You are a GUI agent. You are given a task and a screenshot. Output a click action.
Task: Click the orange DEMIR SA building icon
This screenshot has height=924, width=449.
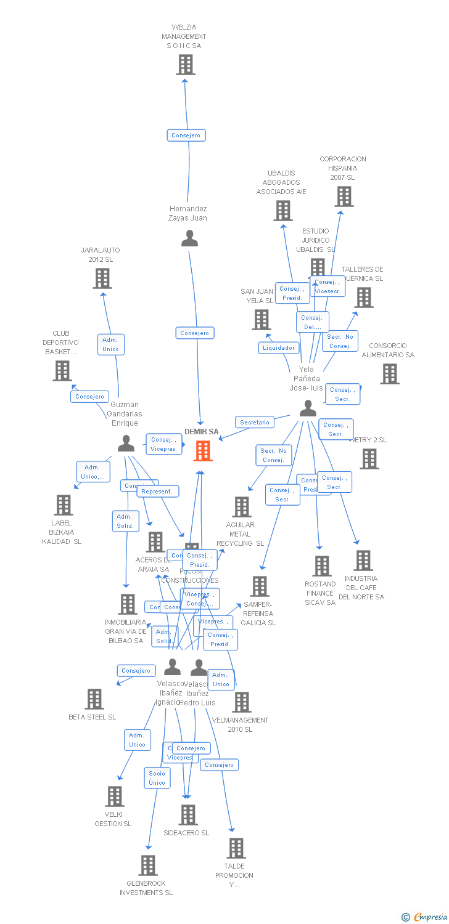pyautogui.click(x=203, y=451)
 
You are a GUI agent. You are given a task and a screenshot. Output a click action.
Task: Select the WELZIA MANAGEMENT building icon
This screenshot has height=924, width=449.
pyautogui.click(x=186, y=65)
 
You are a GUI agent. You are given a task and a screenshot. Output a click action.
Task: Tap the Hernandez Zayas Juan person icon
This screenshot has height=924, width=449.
pyautogui.click(x=189, y=238)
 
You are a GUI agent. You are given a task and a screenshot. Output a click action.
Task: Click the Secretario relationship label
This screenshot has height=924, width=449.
pyautogui.click(x=255, y=423)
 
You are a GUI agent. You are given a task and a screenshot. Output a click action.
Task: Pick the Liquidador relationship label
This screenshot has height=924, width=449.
pyautogui.click(x=279, y=348)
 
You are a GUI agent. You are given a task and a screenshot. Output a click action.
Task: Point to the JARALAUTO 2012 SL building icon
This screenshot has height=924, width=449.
pyautogui.click(x=102, y=278)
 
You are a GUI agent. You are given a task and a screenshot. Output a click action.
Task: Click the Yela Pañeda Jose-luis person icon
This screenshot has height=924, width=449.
pyautogui.click(x=308, y=408)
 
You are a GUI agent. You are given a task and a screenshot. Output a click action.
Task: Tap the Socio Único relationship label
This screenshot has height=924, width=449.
pyautogui.click(x=157, y=778)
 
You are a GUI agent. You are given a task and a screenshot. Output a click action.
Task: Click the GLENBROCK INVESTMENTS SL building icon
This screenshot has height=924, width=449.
pyautogui.click(x=148, y=865)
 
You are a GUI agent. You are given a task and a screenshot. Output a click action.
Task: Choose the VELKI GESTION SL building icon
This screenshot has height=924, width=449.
pyautogui.click(x=115, y=796)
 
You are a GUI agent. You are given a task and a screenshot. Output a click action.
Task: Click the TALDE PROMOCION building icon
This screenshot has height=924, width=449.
pyautogui.click(x=236, y=848)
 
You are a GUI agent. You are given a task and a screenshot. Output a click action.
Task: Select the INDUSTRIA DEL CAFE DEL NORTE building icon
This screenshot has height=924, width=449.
pyautogui.click(x=363, y=561)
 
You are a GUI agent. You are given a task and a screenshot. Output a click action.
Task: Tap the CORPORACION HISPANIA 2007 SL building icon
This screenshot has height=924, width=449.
pyautogui.click(x=344, y=197)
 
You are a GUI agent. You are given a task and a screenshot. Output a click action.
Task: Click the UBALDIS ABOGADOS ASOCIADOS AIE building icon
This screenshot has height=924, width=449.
pyautogui.click(x=283, y=211)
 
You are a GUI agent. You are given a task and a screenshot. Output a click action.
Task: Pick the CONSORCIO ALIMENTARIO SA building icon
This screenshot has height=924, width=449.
pyautogui.click(x=389, y=374)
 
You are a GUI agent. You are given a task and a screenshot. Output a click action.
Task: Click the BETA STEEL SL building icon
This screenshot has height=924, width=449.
pyautogui.click(x=94, y=699)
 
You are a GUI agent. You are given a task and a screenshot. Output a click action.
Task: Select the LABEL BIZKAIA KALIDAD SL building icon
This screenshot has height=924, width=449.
pyautogui.click(x=64, y=505)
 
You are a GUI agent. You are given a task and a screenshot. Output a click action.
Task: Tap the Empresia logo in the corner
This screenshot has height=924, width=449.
pyautogui.click(x=426, y=917)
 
